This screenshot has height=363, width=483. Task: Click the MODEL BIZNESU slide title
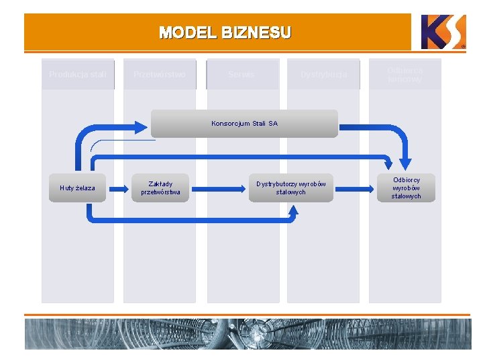tap(225, 32)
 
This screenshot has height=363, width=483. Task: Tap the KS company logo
tap(443, 32)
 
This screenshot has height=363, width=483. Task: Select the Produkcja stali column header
tap(77, 75)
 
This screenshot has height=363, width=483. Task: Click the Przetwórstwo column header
tap(160, 75)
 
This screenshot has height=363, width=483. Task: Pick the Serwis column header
tap(241, 75)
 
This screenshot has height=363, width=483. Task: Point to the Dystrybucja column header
tap(323, 75)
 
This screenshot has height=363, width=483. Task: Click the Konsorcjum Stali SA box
tap(244, 124)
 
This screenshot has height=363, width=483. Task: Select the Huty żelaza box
tap(77, 188)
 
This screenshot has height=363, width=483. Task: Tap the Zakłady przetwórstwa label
tap(160, 188)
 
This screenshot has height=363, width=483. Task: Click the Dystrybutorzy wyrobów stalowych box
tap(290, 188)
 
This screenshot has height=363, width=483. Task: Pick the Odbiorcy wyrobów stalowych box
tap(406, 188)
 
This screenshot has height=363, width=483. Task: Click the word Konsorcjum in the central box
tap(230, 124)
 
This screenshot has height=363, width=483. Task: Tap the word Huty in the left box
tap(67, 188)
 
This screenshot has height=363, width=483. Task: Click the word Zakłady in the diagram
tap(160, 184)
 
